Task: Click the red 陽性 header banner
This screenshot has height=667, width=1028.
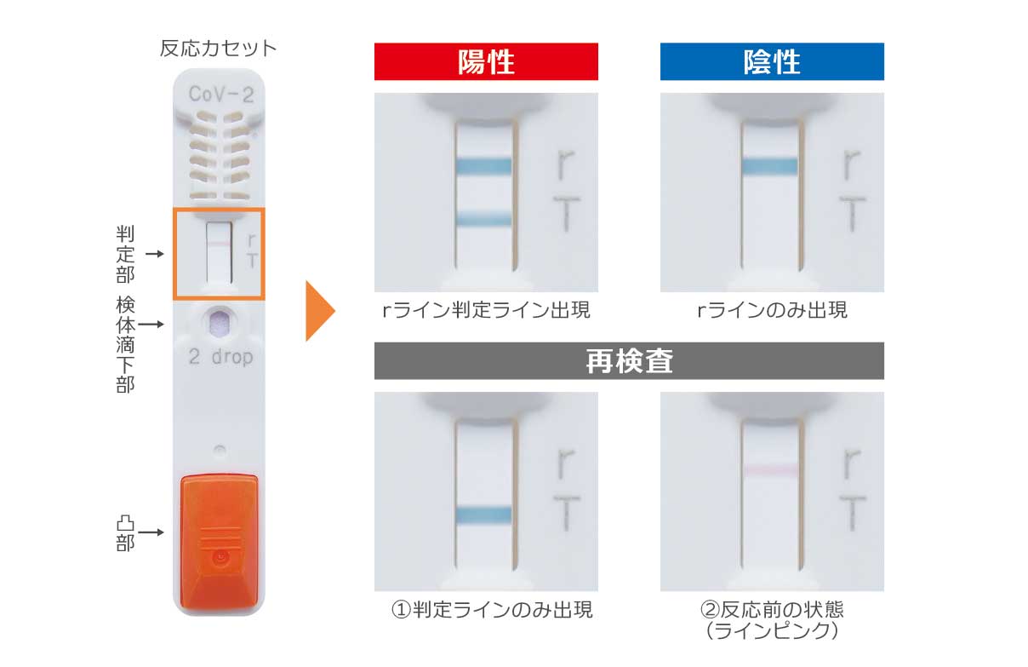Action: (486, 61)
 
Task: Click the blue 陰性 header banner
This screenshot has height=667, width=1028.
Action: (772, 61)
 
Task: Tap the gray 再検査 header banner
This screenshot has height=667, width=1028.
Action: (629, 360)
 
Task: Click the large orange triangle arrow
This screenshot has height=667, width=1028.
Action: (320, 311)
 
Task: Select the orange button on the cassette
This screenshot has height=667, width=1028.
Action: (219, 543)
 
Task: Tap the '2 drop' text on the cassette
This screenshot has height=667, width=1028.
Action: (220, 357)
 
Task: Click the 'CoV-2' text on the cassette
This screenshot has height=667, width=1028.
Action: (220, 95)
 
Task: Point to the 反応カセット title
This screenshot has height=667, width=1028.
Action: (218, 49)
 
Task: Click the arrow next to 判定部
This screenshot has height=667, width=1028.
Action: (155, 254)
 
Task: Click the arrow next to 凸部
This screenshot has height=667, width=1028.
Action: (151, 532)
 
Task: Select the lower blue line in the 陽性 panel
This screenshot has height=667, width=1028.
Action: (483, 218)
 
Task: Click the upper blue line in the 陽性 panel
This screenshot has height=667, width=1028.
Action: (483, 166)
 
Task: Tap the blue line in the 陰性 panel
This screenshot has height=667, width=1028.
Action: (769, 166)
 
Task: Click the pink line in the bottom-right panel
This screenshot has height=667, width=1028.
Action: (770, 470)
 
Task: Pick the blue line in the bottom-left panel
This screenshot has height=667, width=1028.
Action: (483, 515)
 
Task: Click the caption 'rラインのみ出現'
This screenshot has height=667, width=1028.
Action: (772, 310)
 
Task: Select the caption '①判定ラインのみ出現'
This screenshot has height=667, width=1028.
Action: (492, 610)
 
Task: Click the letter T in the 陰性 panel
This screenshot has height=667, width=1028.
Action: (852, 214)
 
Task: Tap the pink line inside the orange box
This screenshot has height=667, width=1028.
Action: (219, 244)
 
